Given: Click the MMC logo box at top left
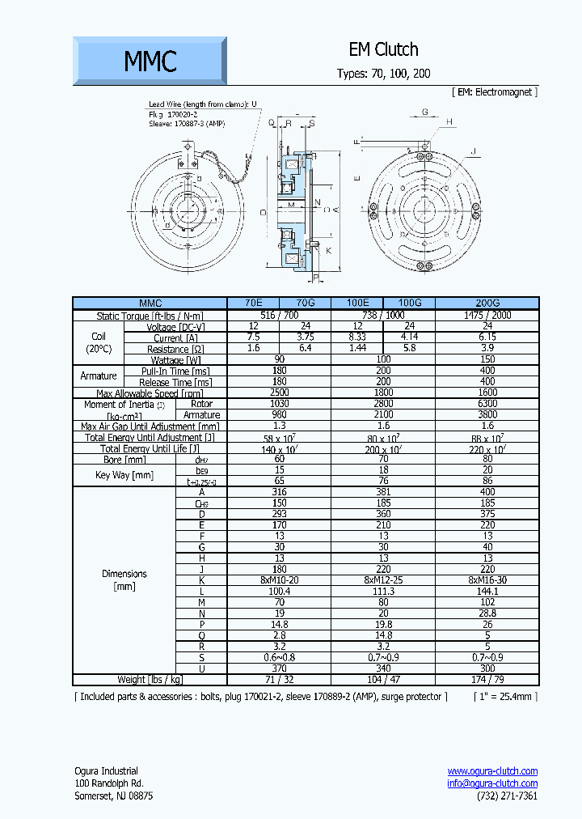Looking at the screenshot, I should pyautogui.click(x=150, y=61).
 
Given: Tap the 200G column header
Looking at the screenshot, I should pyautogui.click(x=487, y=303).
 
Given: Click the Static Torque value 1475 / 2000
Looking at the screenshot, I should pyautogui.click(x=487, y=315).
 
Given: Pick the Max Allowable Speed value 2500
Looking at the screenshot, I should pyautogui.click(x=280, y=393).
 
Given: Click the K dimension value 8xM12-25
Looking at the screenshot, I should pyautogui.click(x=383, y=579).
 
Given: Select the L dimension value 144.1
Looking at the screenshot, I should pyautogui.click(x=487, y=592).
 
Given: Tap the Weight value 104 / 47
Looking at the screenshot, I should pyautogui.click(x=383, y=680).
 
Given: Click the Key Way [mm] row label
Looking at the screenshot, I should pyautogui.click(x=124, y=475).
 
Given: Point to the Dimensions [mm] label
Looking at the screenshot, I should pyautogui.click(x=124, y=579).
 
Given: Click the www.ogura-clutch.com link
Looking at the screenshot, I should pyautogui.click(x=492, y=771).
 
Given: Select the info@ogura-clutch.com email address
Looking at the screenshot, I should pyautogui.click(x=492, y=783).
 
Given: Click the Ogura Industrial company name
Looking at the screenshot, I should pyautogui.click(x=106, y=771).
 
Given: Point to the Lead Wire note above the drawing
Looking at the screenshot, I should pyautogui.click(x=202, y=104).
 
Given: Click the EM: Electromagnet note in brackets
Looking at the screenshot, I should pyautogui.click(x=494, y=92).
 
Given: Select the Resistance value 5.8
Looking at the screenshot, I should pyautogui.click(x=409, y=349).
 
